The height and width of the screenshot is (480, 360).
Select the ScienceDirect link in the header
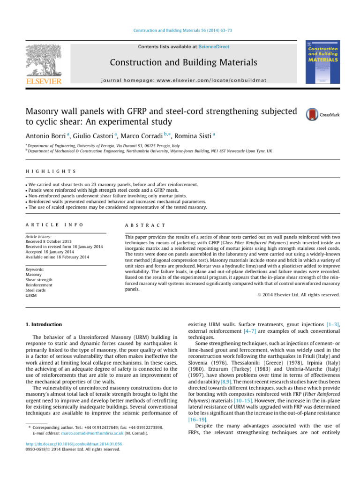(214, 47)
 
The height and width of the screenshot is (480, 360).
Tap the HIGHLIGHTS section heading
(50, 172)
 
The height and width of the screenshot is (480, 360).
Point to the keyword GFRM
(30, 295)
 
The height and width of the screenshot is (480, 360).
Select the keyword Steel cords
(35, 290)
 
